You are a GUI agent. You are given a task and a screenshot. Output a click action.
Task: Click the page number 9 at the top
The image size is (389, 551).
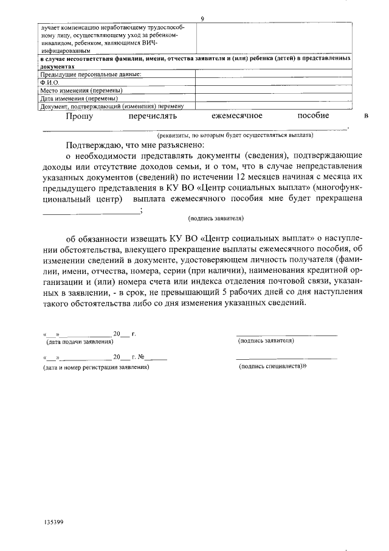point(202,19)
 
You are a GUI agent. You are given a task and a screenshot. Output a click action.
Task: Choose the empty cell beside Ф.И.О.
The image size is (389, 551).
point(273,82)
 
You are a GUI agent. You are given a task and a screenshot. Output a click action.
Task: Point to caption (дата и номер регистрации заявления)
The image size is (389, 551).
point(96,367)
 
